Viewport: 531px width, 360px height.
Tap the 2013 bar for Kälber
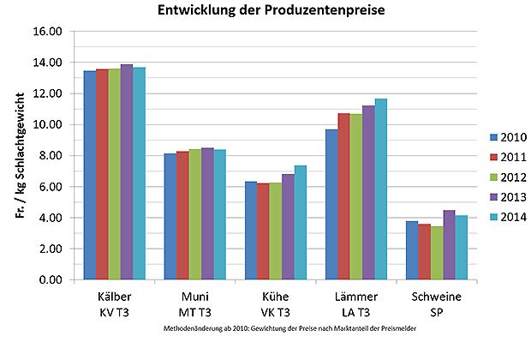tap(127, 172)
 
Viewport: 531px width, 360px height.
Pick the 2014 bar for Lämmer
tap(380, 189)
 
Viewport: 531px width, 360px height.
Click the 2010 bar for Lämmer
tap(331, 205)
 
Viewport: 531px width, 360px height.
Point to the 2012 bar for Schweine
tap(437, 253)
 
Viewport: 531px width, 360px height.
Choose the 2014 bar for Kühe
tap(300, 223)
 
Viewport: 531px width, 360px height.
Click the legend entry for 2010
tap(507, 137)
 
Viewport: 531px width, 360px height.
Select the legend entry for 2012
tap(507, 177)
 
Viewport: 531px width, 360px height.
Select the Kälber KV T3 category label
tap(109, 304)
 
